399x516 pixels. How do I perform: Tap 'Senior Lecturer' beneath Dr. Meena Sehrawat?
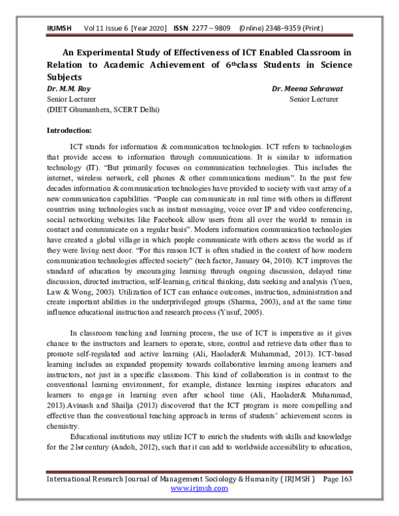pos(314,98)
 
